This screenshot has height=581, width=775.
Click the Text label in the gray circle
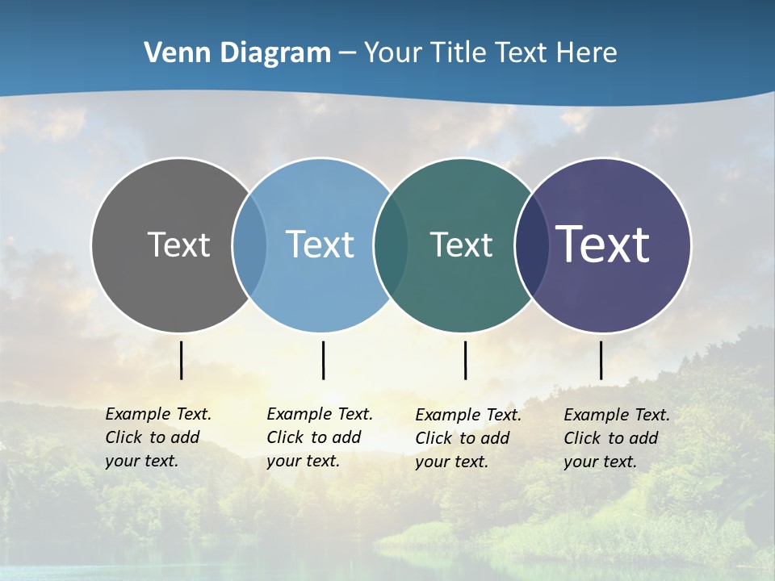(x=178, y=245)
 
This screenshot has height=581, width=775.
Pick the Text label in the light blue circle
(x=320, y=245)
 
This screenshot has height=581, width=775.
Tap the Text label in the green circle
(x=461, y=245)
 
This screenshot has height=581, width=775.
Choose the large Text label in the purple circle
(x=603, y=245)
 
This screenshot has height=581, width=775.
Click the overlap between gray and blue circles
(x=249, y=245)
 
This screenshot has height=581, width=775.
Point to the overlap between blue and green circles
(x=391, y=245)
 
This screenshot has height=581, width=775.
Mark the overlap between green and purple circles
(x=532, y=245)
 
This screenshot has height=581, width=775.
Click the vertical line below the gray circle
(x=181, y=360)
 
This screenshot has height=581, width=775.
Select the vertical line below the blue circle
(x=323, y=360)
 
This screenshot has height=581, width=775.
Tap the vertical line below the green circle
(x=465, y=360)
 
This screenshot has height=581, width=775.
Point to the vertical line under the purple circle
(x=601, y=360)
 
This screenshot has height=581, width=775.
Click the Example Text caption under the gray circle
(x=158, y=437)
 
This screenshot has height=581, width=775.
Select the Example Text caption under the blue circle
(x=320, y=437)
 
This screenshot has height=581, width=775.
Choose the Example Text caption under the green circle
(x=468, y=438)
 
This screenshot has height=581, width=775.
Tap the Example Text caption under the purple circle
(x=617, y=438)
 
